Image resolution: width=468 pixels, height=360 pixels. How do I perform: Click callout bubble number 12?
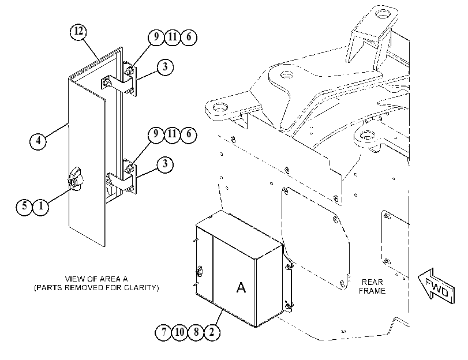[78, 31]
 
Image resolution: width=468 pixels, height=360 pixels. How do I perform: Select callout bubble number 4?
[38, 140]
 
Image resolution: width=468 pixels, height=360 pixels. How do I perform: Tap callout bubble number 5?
[24, 206]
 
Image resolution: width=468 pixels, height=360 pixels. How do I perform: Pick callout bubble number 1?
[41, 206]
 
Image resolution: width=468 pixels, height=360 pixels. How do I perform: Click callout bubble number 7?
[163, 332]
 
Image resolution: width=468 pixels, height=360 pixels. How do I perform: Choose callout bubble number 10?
[179, 332]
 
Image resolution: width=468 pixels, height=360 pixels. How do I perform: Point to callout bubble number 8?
[196, 332]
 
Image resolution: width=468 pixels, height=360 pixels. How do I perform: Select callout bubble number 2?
[212, 332]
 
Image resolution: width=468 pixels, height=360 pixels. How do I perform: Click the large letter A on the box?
[241, 287]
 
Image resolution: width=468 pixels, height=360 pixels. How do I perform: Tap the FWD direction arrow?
[436, 287]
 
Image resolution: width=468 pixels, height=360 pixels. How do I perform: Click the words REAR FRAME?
[372, 286]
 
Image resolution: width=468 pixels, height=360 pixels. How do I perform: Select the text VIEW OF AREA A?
[96, 279]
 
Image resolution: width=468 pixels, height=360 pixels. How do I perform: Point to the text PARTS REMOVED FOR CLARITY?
[96, 288]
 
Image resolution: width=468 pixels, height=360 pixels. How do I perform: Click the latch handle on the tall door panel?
[76, 179]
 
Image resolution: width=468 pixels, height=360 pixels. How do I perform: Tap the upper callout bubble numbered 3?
[165, 66]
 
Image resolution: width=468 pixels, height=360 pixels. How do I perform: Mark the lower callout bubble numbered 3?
[165, 164]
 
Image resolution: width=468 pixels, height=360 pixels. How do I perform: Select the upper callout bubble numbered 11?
[172, 37]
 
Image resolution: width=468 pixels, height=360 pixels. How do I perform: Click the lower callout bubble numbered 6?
[188, 134]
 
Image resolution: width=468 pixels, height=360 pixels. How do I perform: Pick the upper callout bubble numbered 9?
[156, 37]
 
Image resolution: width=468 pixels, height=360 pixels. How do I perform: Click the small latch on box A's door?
[199, 271]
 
